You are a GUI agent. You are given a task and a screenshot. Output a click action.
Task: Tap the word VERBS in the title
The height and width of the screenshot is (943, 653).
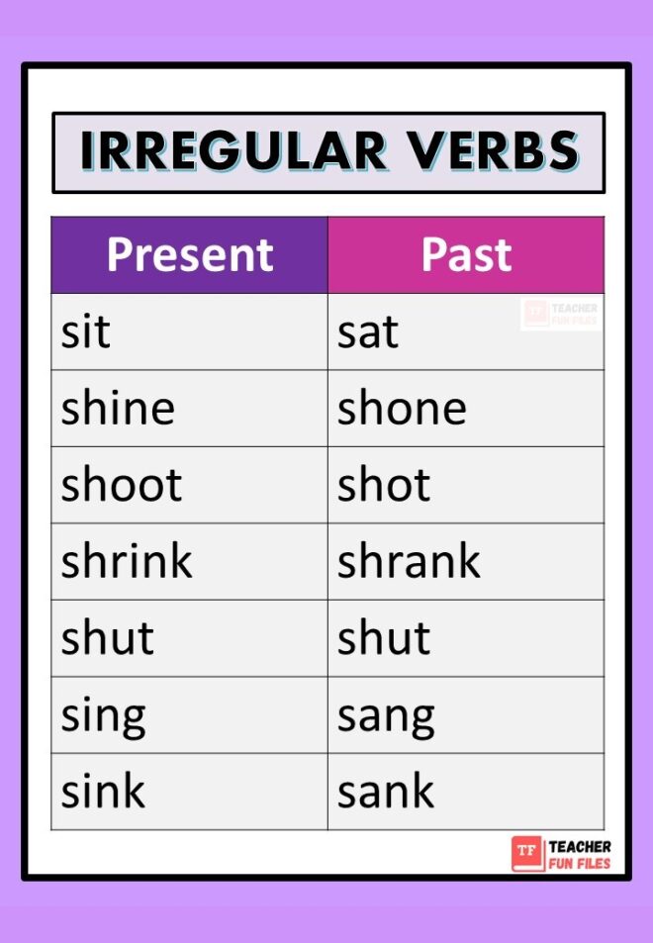(493, 151)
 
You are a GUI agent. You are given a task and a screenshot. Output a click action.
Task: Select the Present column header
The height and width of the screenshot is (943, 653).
(189, 254)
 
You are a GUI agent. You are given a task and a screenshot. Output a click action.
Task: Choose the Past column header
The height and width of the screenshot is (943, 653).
(466, 254)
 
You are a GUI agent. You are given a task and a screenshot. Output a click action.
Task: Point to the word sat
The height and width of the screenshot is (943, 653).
(367, 332)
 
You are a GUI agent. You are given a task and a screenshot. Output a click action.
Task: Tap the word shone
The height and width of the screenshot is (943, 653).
(402, 408)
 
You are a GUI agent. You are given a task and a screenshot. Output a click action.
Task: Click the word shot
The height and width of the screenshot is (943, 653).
(384, 485)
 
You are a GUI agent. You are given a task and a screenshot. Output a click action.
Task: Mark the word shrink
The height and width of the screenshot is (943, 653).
(127, 561)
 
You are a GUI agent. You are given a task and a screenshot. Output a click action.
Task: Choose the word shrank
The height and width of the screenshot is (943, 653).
(409, 561)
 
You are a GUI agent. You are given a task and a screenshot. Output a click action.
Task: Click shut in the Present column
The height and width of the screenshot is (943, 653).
(107, 638)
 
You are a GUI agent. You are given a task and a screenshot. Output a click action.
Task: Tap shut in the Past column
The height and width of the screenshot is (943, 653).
(384, 638)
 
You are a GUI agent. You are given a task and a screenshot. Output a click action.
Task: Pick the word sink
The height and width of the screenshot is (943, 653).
(103, 792)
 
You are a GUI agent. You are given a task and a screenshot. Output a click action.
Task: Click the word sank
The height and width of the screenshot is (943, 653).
(386, 792)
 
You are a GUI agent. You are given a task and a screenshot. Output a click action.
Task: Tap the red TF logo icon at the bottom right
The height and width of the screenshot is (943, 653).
(527, 854)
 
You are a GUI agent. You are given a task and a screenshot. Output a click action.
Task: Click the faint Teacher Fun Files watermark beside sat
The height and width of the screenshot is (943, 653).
(561, 315)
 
